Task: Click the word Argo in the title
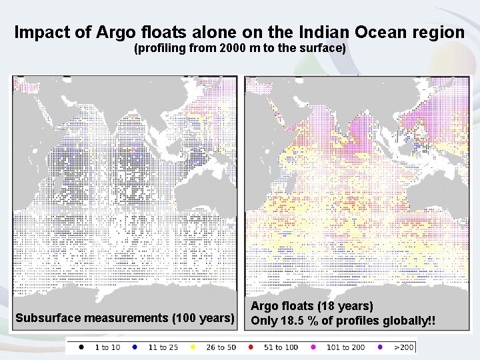tap(123, 32)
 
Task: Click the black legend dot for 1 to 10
tap(81, 347)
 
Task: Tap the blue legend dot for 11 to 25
tap(134, 347)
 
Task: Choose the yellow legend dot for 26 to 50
tap(193, 347)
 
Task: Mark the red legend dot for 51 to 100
tap(251, 347)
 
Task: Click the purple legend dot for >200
tap(380, 347)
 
